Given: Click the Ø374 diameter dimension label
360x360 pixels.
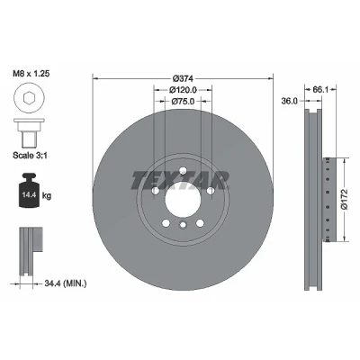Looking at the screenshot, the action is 184,78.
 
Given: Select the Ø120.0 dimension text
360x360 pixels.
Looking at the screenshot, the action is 183,90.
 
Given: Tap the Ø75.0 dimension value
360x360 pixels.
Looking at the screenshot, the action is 183,102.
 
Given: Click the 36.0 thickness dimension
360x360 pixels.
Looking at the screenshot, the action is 290,101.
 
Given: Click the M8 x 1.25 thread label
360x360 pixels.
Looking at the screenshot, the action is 31,74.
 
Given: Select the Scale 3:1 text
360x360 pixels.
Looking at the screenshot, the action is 30,155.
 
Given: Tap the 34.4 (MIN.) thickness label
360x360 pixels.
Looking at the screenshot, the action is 66,283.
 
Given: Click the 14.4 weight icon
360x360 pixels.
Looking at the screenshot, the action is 29,190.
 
